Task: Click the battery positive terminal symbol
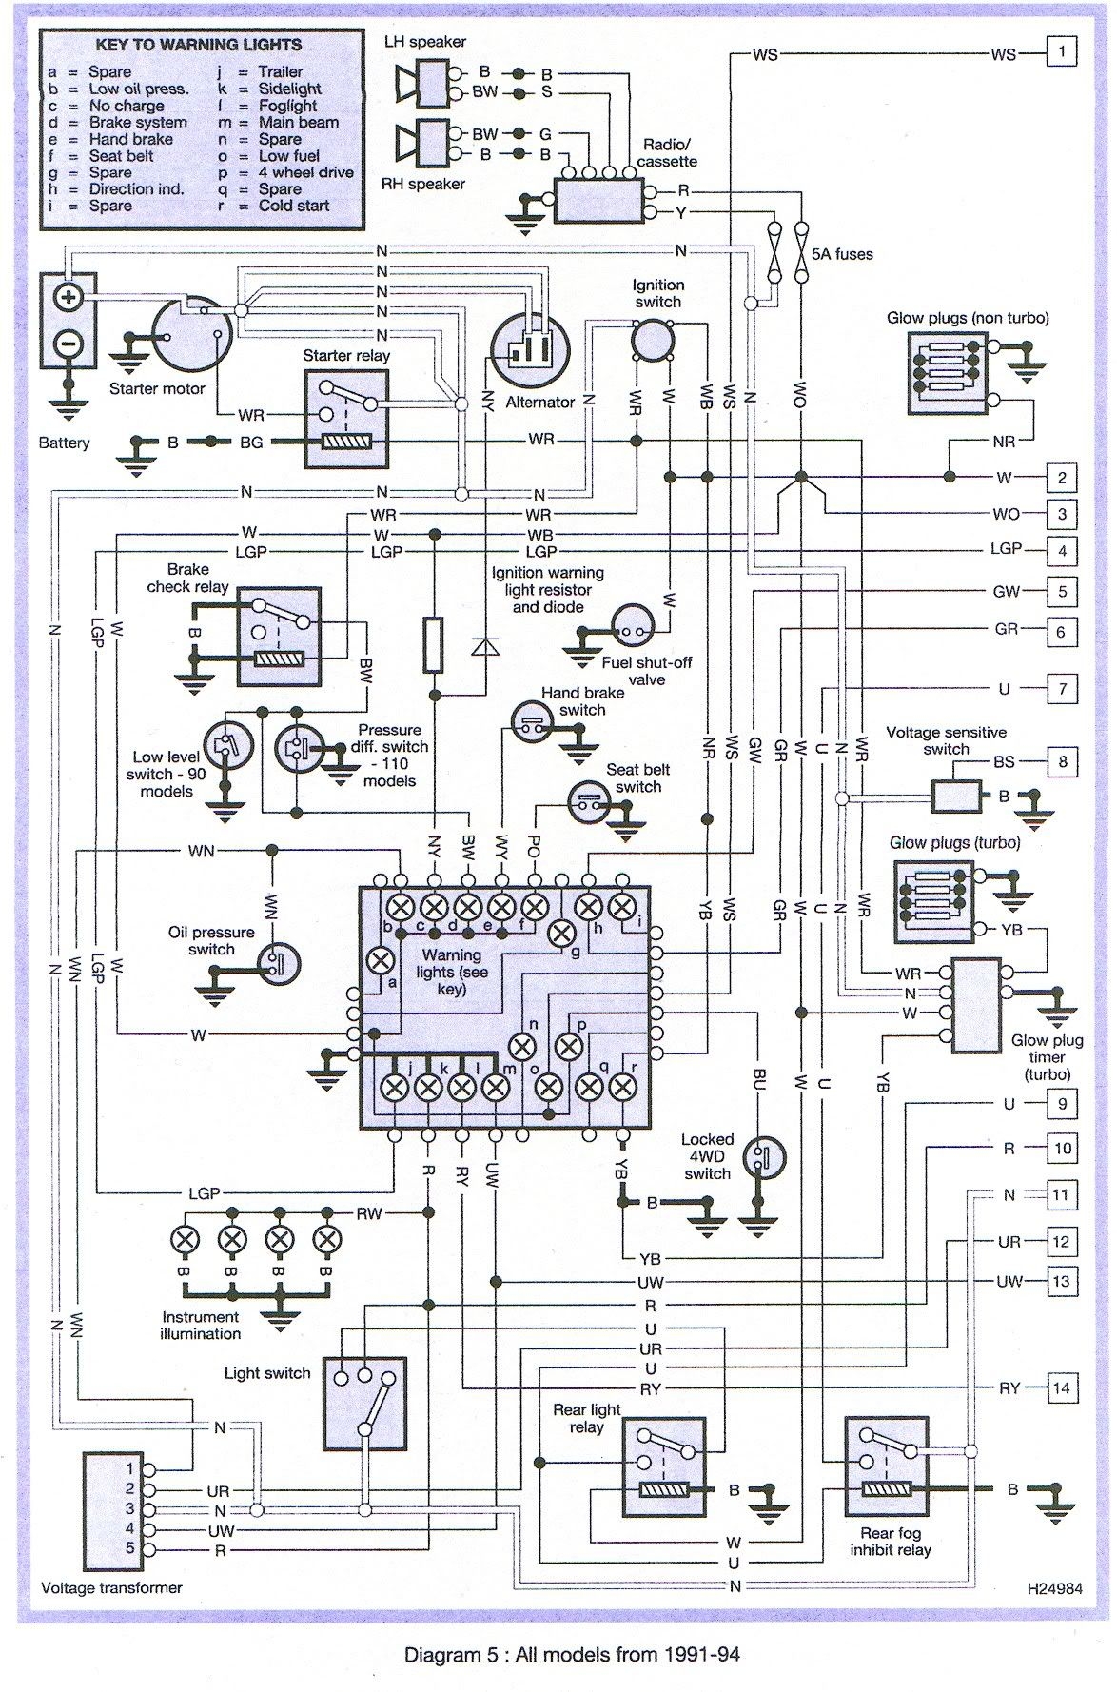coord(68,297)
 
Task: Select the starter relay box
coord(346,419)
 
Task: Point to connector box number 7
coord(1062,688)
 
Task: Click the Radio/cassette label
coord(667,153)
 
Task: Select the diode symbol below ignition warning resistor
coord(486,646)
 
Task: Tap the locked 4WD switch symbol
coord(763,1156)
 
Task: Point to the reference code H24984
coord(1054,1588)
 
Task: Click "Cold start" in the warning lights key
coord(294,206)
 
